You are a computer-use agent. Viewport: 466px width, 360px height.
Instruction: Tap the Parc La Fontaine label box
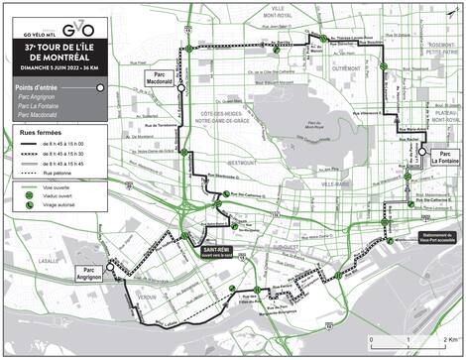tap(446, 156)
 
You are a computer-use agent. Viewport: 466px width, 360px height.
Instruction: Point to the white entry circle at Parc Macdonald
tap(179, 87)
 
